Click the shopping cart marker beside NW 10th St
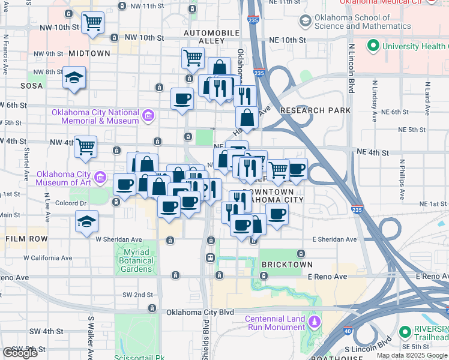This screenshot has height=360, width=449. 92,24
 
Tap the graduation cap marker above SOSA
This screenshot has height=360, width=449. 74,78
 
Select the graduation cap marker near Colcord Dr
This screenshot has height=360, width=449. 87,223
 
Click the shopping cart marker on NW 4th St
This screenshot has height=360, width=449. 86,146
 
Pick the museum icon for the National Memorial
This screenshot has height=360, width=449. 148,114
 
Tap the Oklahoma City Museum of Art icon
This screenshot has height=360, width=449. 101,178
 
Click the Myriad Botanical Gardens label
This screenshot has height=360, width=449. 136,260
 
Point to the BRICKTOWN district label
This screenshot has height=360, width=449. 286,265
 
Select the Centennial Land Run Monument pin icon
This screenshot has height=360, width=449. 313,323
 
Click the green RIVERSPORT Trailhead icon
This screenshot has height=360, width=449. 406,331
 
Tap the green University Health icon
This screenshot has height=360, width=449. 372,46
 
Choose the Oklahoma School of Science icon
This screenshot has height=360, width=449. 306,22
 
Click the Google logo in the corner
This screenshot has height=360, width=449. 20,353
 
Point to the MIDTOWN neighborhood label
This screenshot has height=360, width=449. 89,53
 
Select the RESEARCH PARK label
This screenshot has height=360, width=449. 315,110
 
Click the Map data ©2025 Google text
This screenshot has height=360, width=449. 411,355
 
